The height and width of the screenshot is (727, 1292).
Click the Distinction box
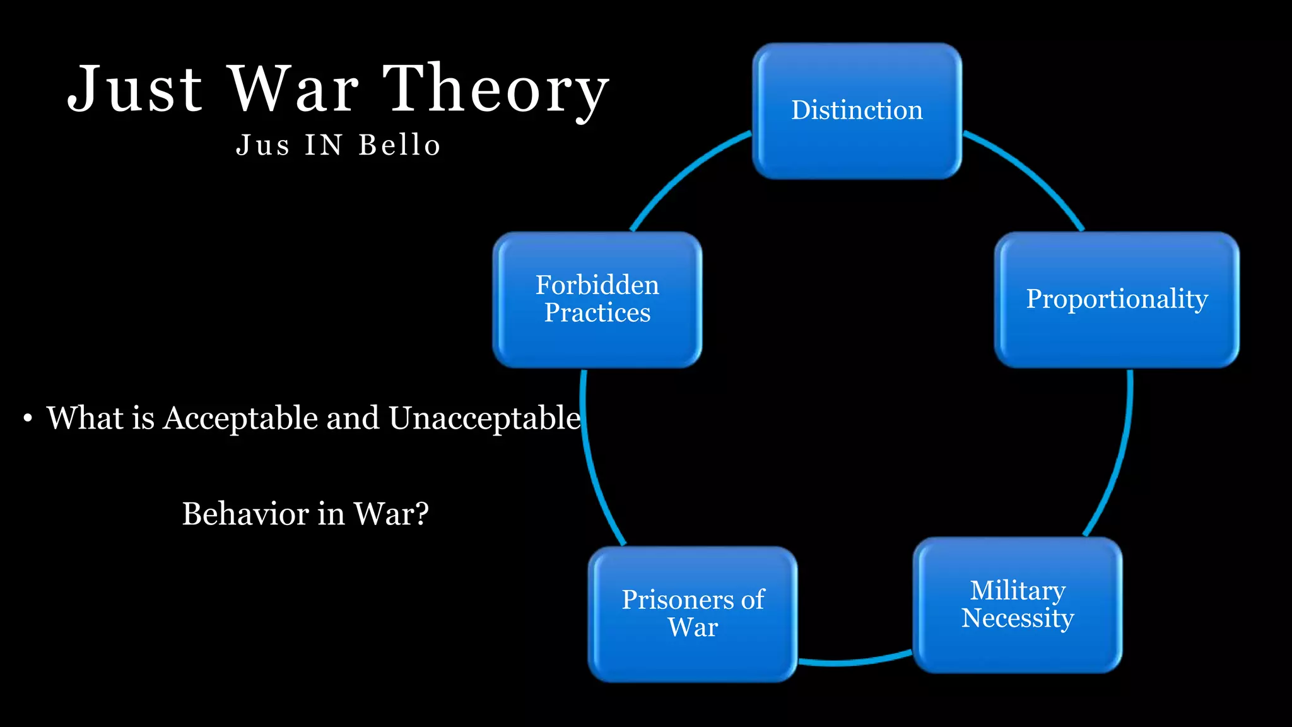click(857, 111)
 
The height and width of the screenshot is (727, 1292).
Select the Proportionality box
click(1117, 299)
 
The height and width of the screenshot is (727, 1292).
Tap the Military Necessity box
click(1017, 605)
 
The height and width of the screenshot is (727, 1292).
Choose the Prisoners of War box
click(693, 613)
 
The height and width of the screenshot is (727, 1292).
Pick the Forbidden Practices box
click(597, 299)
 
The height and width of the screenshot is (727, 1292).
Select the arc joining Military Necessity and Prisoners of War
click(855, 662)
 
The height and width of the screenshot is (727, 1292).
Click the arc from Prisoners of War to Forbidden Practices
click(593, 467)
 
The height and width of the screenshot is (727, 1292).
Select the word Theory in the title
click(496, 90)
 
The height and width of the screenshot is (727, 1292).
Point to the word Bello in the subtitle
click(399, 145)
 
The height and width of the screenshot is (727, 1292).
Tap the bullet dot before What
click(27, 419)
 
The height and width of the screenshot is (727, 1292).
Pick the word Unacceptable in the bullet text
click(484, 418)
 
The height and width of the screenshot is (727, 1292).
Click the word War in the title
click(293, 90)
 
